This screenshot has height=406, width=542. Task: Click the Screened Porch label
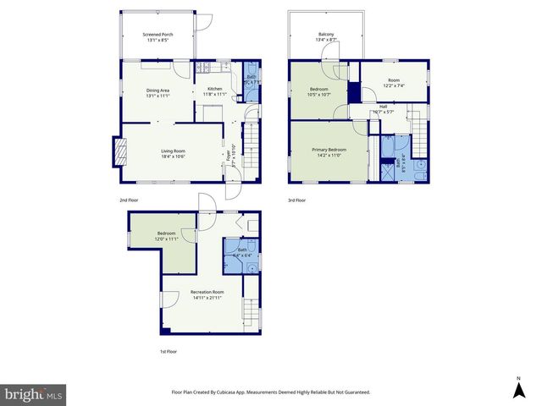(158, 34)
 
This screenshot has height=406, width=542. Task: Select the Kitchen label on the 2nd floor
(215, 89)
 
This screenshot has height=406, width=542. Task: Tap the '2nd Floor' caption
(129, 200)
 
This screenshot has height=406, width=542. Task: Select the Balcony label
(326, 35)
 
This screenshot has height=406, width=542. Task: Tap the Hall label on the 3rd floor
(383, 106)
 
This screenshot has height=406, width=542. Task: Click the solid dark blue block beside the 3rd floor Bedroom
(353, 90)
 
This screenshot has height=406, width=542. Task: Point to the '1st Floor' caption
(169, 351)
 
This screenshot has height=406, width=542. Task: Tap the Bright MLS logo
(34, 394)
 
